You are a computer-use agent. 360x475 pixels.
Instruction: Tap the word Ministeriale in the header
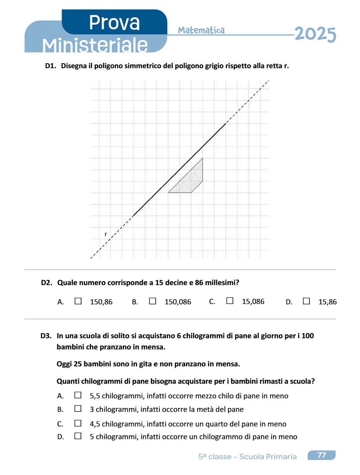(95, 45)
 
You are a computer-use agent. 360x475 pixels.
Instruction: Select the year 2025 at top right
(315, 35)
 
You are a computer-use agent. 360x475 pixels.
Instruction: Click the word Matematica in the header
(201, 30)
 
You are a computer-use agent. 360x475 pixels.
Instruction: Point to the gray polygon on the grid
(191, 180)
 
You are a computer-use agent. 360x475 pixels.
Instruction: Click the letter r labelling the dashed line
(105, 234)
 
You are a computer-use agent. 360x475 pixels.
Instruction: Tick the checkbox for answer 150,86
(78, 301)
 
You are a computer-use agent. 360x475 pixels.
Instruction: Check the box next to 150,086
(152, 301)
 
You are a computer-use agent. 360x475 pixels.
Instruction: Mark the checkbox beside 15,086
(230, 301)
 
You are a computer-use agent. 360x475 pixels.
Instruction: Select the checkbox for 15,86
(306, 301)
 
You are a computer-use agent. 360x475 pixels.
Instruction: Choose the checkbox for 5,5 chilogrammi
(78, 395)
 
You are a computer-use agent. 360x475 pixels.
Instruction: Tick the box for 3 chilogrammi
(78, 409)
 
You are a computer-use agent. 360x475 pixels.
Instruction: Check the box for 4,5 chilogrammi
(78, 423)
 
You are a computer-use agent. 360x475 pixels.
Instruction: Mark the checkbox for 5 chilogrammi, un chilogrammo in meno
(78, 436)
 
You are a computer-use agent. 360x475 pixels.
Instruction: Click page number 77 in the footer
(321, 455)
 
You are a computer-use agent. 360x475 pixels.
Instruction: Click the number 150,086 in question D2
(178, 302)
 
